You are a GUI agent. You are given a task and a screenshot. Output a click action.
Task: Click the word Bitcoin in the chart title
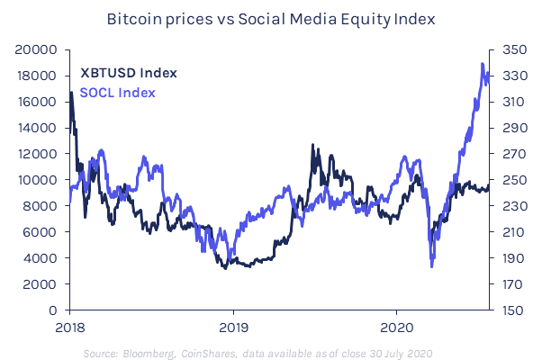tap(131, 18)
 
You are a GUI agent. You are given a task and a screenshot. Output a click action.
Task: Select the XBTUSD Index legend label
tap(129, 73)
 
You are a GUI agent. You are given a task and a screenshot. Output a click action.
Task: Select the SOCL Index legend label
tap(118, 92)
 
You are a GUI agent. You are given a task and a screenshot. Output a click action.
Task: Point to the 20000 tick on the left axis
tap(40, 50)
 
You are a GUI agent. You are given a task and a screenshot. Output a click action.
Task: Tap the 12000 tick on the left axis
tap(40, 154)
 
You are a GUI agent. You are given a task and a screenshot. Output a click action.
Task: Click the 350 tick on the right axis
tap(503, 50)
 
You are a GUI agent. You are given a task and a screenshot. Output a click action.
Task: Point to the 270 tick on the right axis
tap(503, 154)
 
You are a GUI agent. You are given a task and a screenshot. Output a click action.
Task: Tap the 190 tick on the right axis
tap(503, 258)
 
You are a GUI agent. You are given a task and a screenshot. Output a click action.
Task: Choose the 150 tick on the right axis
tap(503, 310)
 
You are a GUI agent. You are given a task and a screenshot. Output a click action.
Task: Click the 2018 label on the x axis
tap(69, 326)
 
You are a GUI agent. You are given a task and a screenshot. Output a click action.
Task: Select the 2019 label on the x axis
tap(233, 326)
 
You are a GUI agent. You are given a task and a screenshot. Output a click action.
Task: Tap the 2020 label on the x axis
tap(398, 326)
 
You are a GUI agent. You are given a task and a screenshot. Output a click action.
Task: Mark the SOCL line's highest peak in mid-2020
tap(483, 65)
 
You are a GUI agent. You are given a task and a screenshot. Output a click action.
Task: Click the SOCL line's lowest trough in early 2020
tap(432, 266)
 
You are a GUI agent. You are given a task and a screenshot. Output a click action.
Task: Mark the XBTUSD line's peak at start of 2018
tap(70, 93)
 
